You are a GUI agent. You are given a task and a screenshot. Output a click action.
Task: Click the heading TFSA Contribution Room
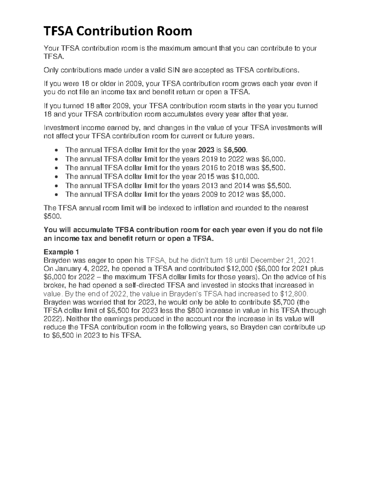[x=117, y=31]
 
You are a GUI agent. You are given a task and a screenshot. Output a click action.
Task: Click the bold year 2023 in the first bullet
[x=206, y=150]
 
